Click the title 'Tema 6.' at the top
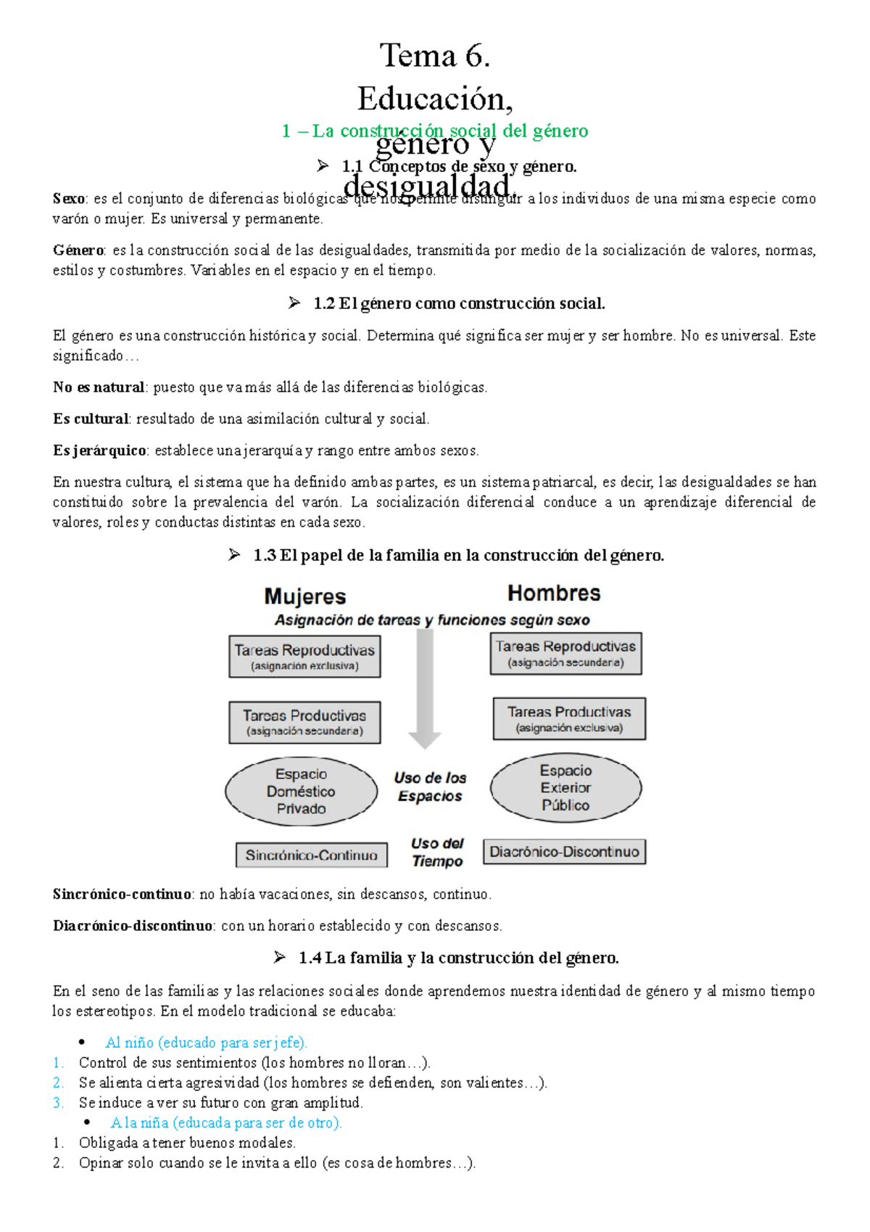point(435,56)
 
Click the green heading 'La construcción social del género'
point(449,131)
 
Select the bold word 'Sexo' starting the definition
point(69,199)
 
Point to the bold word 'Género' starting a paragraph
point(78,250)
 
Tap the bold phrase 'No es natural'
point(99,387)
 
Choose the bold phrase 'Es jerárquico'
point(100,451)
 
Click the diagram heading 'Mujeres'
point(305,596)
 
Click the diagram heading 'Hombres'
point(554,594)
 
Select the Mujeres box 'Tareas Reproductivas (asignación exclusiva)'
point(304,657)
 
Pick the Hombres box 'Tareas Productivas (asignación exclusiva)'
point(569,719)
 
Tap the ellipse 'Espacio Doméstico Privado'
point(301,792)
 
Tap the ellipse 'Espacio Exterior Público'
point(565,788)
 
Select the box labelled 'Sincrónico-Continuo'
point(311,855)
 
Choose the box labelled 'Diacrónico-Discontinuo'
point(564,852)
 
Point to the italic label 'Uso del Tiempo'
point(437,853)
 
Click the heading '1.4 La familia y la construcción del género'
point(458,958)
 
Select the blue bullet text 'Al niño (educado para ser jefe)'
point(207,1043)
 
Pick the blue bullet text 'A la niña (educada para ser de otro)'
point(225,1122)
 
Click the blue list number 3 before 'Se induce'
point(58,1103)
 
